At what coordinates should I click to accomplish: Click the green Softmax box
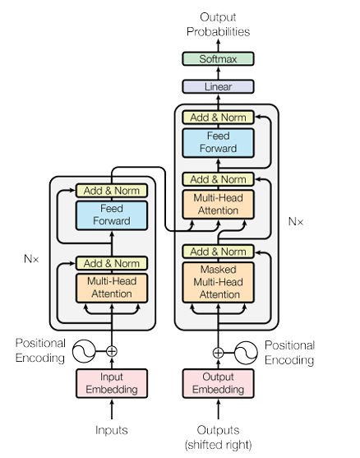[218, 58]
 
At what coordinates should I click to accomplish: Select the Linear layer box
[218, 87]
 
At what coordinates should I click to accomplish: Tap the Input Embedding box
[112, 383]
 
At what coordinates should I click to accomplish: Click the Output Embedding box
[218, 383]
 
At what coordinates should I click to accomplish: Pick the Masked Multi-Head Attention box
[218, 282]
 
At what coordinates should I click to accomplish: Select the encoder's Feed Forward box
[112, 215]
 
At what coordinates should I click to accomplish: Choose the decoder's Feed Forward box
[218, 143]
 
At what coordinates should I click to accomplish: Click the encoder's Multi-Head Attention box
[112, 288]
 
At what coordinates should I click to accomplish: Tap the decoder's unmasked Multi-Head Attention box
[218, 204]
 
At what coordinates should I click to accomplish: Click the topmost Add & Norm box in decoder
[218, 118]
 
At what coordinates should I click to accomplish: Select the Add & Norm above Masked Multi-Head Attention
[218, 252]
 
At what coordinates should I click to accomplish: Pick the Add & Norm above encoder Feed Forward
[112, 191]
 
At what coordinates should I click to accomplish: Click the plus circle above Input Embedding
[112, 351]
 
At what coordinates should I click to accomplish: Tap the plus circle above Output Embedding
[218, 353]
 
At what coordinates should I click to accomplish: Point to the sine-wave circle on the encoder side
[84, 351]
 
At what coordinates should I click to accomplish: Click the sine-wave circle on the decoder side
[246, 353]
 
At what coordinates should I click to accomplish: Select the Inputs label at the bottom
[112, 430]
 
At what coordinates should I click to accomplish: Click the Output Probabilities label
[218, 24]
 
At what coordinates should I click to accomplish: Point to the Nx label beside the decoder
[295, 221]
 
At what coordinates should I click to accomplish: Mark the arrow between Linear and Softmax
[218, 72]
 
